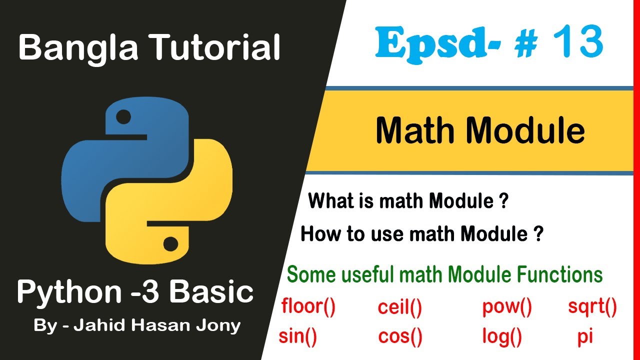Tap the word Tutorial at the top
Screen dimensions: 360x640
pos(214,48)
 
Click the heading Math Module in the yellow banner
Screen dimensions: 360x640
pos(480,130)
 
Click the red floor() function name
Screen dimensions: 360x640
pos(308,307)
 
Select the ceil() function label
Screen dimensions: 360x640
pos(400,308)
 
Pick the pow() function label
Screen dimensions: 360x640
pos(507,307)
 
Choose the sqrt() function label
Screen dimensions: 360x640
pos(592,307)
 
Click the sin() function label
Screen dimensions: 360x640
pos(298,336)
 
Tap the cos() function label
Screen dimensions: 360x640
pos(400,336)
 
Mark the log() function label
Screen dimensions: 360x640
pos(502,336)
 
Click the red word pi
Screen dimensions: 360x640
pos(585,336)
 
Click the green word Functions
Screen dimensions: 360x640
pos(560,275)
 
